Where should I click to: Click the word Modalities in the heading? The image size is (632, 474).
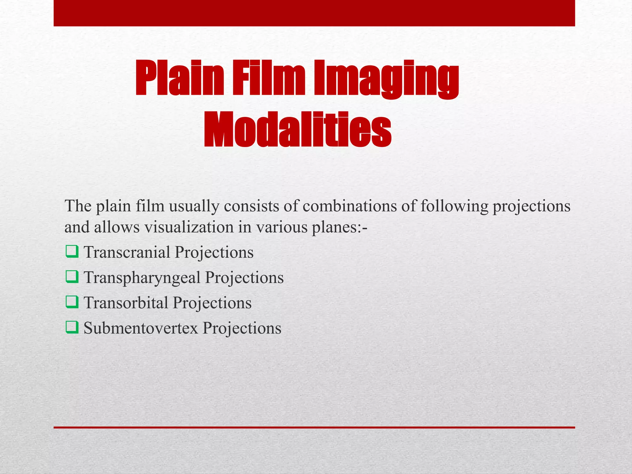click(297, 130)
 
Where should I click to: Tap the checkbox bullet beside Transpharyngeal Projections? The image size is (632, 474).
click(72, 277)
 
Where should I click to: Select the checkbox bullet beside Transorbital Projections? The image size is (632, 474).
click(72, 302)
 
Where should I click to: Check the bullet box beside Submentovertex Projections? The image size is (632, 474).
click(72, 327)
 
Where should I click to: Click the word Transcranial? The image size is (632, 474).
click(127, 252)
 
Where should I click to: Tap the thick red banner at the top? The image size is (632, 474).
click(314, 13)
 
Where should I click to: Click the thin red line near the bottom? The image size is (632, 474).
click(314, 427)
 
